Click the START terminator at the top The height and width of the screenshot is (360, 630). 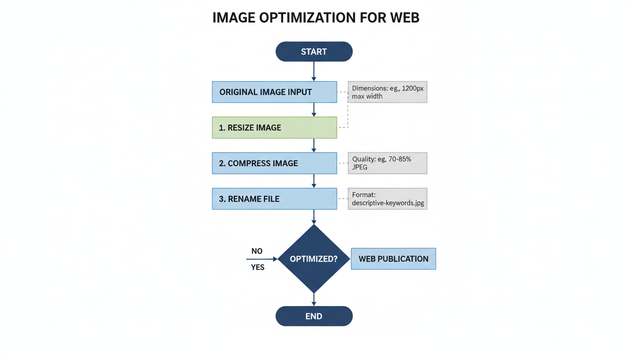click(314, 52)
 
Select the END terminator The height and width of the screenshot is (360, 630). click(314, 316)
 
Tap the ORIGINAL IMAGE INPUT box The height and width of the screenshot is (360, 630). click(274, 92)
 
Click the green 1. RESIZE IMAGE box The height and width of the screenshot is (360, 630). click(274, 127)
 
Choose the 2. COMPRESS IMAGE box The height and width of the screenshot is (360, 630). click(274, 163)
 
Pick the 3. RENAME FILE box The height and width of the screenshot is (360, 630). click(274, 199)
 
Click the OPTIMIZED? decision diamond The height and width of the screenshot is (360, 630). click(314, 259)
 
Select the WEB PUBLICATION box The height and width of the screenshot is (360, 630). click(393, 259)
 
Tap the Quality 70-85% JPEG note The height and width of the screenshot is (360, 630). click(387, 163)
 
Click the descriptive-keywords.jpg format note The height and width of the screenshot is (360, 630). click(387, 199)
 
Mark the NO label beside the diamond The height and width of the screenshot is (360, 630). click(257, 251)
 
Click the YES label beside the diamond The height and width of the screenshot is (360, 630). click(258, 267)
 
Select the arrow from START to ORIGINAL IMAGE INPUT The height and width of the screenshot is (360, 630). click(314, 71)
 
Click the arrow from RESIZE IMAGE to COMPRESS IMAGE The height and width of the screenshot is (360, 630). click(314, 145)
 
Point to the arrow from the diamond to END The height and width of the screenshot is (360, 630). click(314, 299)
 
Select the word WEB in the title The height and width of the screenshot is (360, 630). click(404, 18)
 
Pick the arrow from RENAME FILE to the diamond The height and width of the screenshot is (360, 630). click(314, 217)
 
